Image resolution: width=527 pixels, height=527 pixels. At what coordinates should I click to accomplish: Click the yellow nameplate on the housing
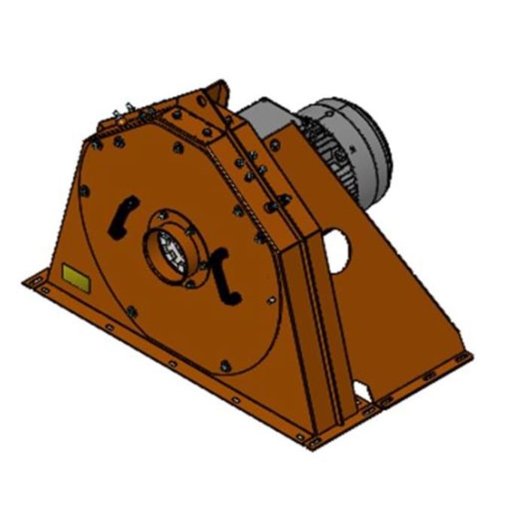tap(74, 275)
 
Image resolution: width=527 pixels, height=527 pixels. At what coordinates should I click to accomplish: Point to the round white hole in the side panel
tap(337, 250)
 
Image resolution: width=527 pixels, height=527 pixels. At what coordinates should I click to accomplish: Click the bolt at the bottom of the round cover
tap(224, 367)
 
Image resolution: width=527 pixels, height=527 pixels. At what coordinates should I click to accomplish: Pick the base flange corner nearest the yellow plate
tap(30, 280)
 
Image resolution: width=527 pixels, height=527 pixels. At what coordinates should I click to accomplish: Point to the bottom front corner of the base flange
tap(307, 439)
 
